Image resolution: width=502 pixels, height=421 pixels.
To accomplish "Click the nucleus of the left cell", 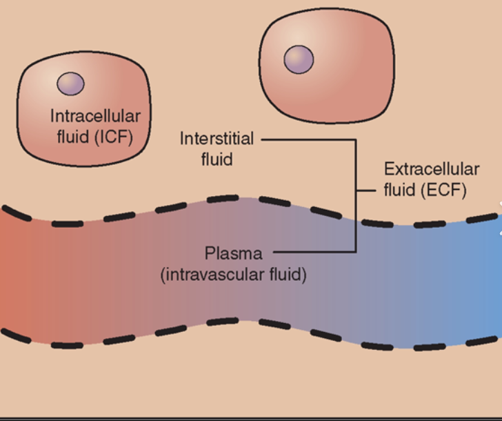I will tap(70, 84).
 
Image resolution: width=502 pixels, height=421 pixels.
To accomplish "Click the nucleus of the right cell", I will tap(299, 59).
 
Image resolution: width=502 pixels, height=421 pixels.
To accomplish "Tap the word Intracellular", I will tap(94, 115).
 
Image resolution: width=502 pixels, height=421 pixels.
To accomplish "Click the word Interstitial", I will tap(217, 139).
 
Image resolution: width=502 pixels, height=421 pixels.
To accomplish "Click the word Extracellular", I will tap(432, 169).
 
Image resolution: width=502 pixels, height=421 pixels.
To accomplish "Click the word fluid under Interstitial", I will tap(217, 159).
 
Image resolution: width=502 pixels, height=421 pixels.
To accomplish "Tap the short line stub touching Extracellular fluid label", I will tap(367, 189).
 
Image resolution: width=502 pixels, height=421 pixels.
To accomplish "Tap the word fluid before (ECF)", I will tap(400, 190).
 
